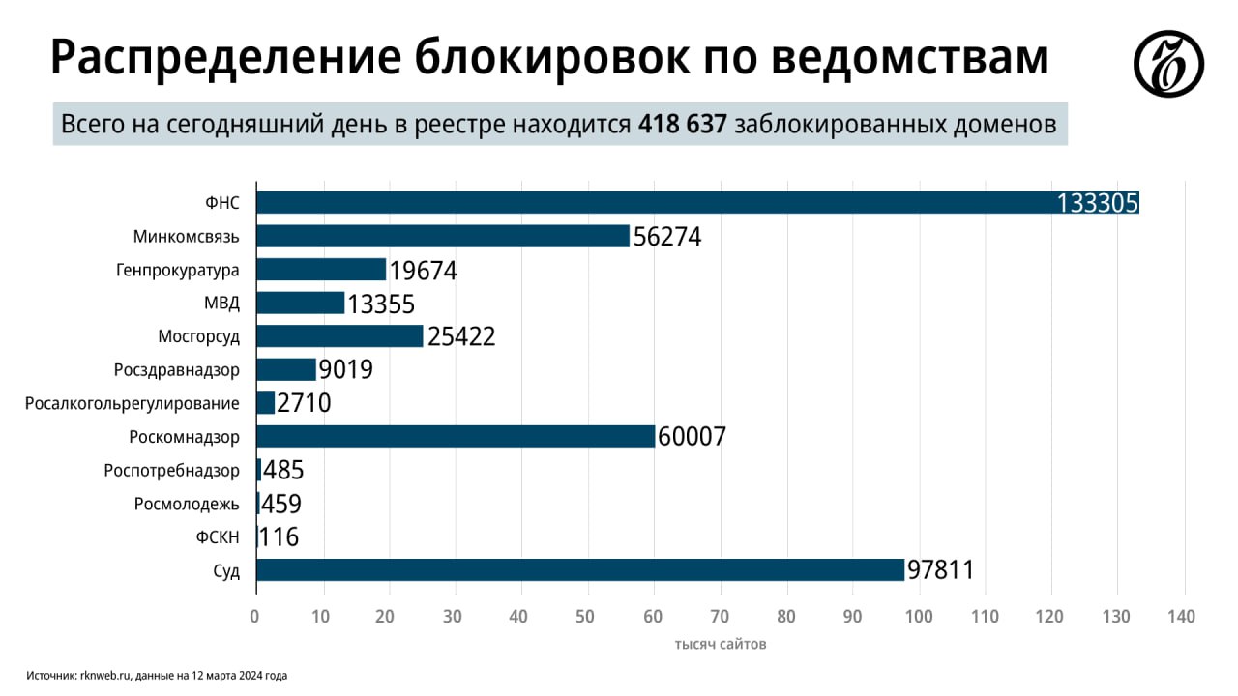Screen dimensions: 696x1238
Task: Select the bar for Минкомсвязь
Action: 442,236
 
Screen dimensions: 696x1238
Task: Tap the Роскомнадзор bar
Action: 455,436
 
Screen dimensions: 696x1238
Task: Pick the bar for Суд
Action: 579,569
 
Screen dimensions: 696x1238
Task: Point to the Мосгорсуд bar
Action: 339,335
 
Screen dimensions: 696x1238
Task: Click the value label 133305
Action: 1098,203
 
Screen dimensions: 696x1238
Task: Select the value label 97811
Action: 940,569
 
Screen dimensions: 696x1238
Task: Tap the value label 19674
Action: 423,270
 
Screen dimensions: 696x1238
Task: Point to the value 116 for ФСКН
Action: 280,536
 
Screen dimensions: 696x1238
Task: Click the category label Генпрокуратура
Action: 177,270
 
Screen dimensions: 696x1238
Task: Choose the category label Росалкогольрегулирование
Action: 133,403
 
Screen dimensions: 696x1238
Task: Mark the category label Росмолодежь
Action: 187,504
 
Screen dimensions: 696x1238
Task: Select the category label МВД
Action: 221,303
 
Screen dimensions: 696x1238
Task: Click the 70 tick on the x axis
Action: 719,616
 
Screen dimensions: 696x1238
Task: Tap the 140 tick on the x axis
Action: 1182,616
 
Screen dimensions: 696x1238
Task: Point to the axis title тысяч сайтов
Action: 721,644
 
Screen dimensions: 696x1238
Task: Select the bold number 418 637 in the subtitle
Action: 682,125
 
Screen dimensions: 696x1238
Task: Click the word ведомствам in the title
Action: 911,58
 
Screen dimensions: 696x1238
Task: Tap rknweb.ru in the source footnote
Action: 104,676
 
